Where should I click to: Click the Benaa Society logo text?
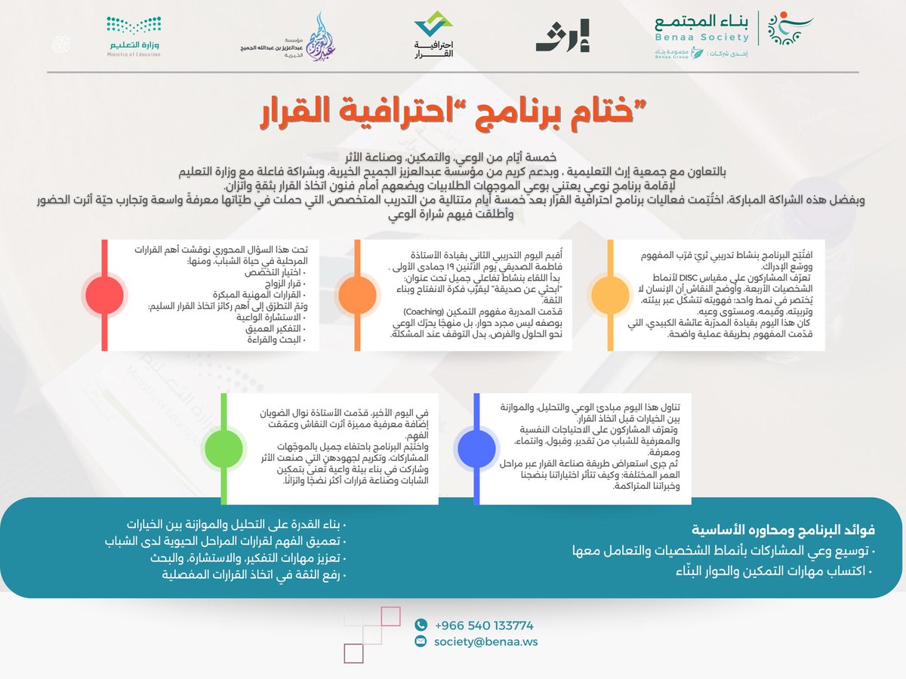[x=702, y=29]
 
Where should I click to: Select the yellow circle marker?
[x=609, y=294]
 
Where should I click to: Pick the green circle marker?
[x=224, y=448]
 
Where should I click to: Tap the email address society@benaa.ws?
[x=486, y=642]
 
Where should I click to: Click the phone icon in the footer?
[x=421, y=625]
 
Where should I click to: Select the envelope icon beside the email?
[x=421, y=642]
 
